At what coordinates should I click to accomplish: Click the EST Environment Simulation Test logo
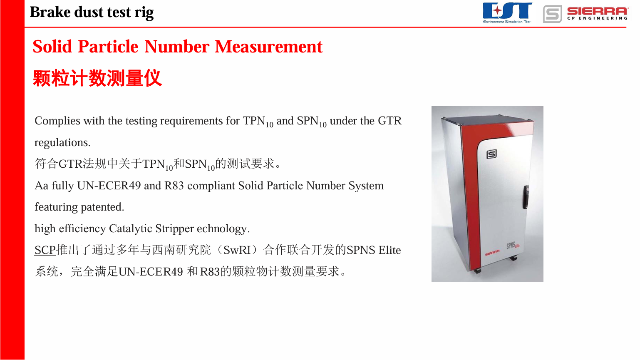[x=507, y=12]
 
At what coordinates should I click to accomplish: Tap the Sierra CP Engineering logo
[x=585, y=14]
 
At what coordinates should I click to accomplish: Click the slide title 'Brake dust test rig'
[x=92, y=12]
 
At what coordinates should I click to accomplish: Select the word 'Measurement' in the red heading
[x=268, y=47]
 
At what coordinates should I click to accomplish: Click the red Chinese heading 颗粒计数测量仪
[x=97, y=78]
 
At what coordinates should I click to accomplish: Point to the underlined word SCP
[x=45, y=250]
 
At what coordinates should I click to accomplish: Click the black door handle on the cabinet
[x=526, y=197]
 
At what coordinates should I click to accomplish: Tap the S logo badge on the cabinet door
[x=491, y=154]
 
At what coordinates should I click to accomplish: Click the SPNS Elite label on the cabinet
[x=513, y=246]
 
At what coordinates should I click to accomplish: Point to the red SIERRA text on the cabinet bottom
[x=492, y=253]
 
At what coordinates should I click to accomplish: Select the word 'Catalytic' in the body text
[x=131, y=229]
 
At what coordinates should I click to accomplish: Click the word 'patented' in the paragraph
[x=102, y=207]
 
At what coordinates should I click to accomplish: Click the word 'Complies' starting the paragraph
[x=57, y=121]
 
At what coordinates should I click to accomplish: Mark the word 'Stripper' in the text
[x=174, y=229]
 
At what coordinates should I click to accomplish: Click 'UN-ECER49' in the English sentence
[x=109, y=186]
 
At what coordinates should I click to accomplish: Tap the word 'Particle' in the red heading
[x=108, y=47]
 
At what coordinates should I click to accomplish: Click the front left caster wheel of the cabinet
[x=477, y=271]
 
